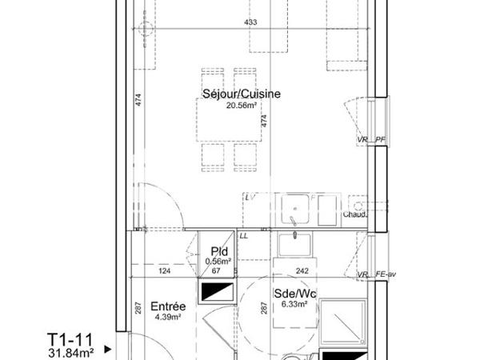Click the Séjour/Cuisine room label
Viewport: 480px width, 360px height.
pos(242,94)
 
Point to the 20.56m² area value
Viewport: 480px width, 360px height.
pos(242,106)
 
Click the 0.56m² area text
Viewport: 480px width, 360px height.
pos(217,260)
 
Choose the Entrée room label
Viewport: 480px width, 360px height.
pos(169,306)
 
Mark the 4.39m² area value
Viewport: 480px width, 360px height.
pos(169,316)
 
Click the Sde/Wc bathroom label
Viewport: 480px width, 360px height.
pos(295,294)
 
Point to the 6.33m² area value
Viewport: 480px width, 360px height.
pos(295,304)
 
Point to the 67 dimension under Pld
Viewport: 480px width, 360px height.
pos(216,271)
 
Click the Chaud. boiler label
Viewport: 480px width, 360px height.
pos(354,214)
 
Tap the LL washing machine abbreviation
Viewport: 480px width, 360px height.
pos(243,235)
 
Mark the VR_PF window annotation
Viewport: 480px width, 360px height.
pos(372,141)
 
